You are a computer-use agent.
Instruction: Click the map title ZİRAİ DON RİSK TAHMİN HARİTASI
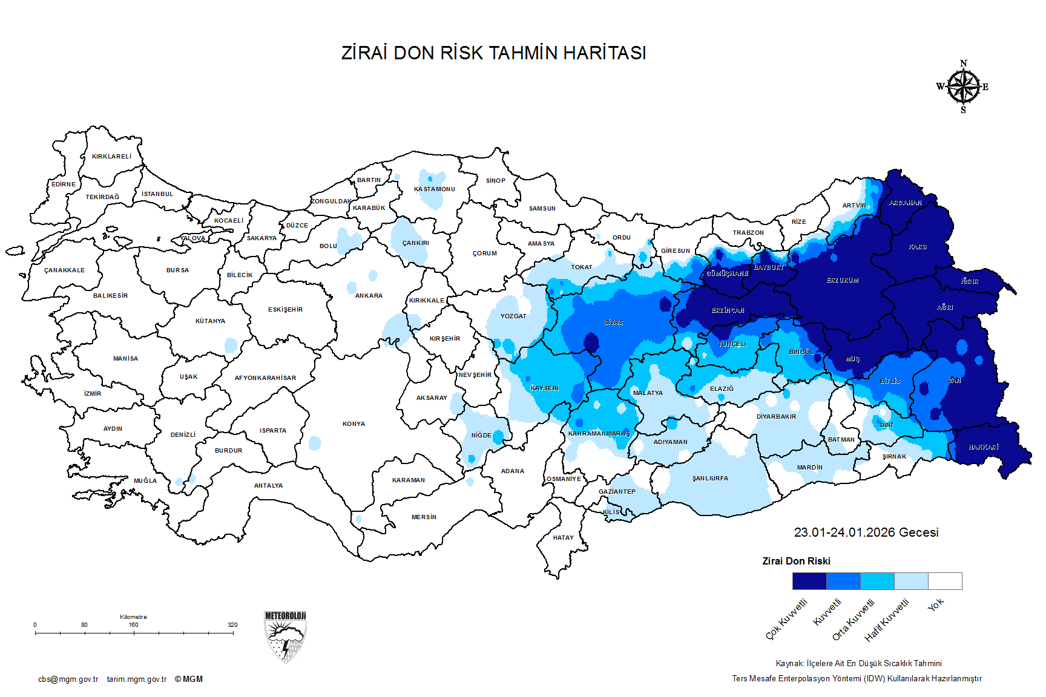point(493,53)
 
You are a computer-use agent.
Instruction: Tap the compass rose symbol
point(963,87)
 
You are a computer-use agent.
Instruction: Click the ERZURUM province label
point(843,281)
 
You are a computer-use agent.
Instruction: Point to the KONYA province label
point(354,424)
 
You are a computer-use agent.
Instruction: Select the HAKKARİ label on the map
point(983,447)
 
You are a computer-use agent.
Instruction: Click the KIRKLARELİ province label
point(111,157)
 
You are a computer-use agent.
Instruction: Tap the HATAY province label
point(563,538)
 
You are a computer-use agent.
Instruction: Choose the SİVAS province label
point(613,322)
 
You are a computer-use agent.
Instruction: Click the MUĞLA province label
point(145,481)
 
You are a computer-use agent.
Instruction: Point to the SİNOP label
point(495,181)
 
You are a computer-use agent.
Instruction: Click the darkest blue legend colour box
point(809,581)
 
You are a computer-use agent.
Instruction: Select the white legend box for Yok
point(945,581)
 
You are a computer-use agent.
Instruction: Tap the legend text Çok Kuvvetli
point(786,619)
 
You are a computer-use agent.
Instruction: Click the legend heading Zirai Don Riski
point(796,561)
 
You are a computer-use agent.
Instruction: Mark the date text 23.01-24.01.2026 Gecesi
point(866,532)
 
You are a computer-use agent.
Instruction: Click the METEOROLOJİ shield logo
point(285,636)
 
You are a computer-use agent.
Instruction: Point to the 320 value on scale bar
point(232,625)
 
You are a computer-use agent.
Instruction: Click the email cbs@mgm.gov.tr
point(68,679)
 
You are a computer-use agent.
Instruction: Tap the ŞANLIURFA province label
point(710,479)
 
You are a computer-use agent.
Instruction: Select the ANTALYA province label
point(268,486)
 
